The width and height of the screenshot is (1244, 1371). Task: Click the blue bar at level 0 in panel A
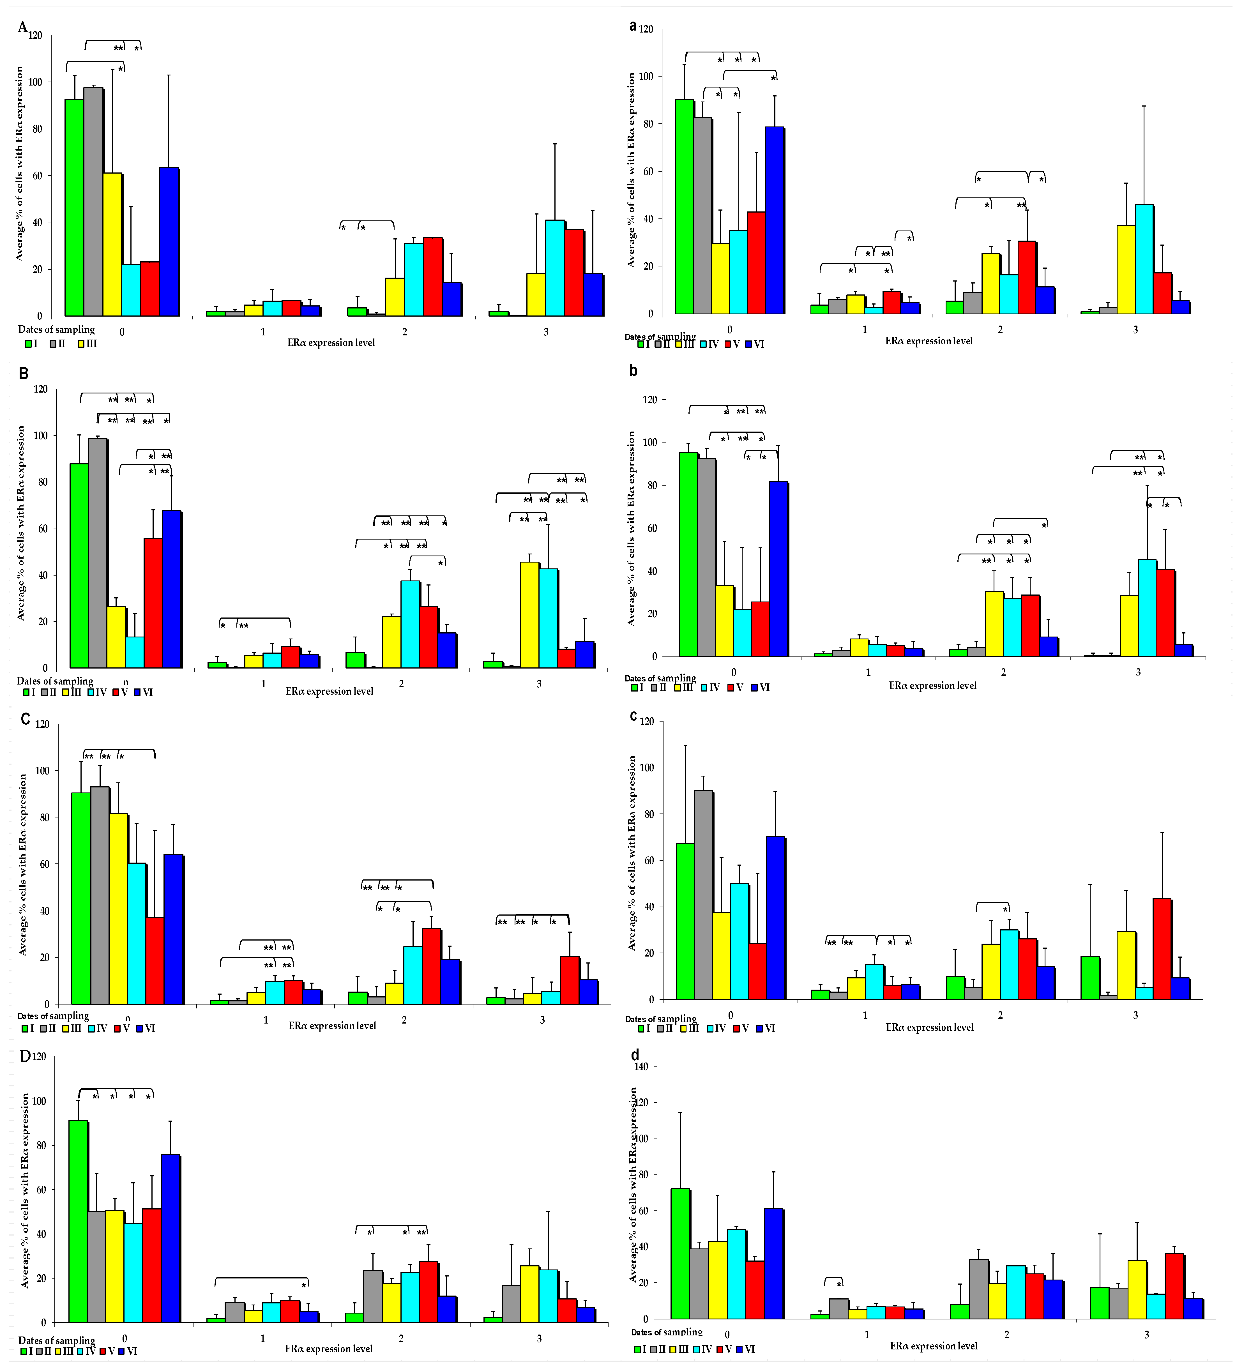(x=169, y=241)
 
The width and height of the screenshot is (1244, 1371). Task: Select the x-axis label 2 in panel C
(x=404, y=1020)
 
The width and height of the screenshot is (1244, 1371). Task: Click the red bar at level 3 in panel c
(x=1162, y=949)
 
